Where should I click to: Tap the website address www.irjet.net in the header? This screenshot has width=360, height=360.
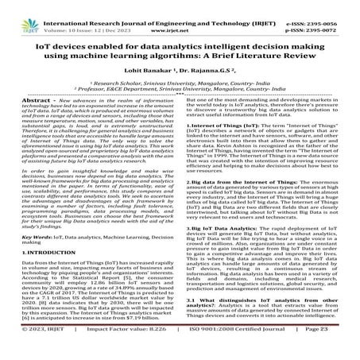[180, 14]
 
